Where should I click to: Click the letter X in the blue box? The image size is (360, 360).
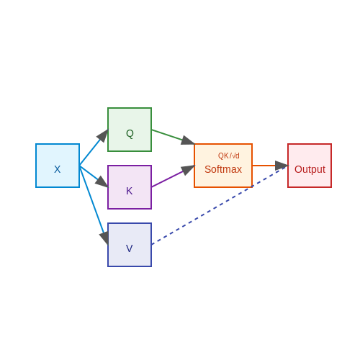[57, 169]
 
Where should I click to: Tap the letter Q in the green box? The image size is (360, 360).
[130, 133]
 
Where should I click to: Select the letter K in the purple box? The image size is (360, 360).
[129, 191]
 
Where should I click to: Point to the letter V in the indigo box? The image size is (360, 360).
[129, 248]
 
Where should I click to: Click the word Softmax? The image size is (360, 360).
[223, 169]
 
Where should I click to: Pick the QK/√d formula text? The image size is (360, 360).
[228, 156]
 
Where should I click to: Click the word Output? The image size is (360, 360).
[310, 169]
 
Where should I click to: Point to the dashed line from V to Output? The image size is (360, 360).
[220, 205]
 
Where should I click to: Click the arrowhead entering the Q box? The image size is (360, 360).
[103, 135]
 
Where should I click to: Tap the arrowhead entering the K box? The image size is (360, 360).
[102, 181]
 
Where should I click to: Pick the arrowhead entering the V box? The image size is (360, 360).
[104, 238]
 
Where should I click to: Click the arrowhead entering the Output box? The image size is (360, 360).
[282, 166]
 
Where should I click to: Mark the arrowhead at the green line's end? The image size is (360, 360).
[187, 140]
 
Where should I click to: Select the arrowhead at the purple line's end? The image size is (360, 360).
[188, 170]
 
